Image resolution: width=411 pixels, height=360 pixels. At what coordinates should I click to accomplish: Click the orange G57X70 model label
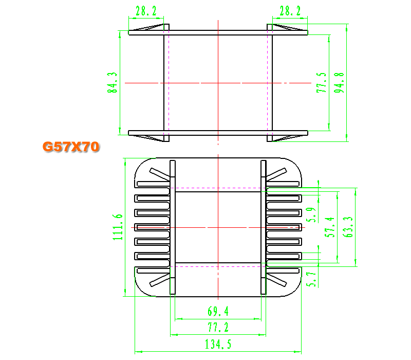(x=71, y=147)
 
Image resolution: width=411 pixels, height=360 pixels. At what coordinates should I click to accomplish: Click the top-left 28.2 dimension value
(x=146, y=11)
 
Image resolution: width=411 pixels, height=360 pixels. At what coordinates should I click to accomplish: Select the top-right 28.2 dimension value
(x=290, y=11)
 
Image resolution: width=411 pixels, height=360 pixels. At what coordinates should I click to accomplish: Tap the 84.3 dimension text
(x=113, y=83)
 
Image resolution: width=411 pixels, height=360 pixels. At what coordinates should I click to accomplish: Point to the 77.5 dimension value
(x=322, y=83)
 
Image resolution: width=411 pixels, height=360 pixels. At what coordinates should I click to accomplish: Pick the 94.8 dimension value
(x=339, y=83)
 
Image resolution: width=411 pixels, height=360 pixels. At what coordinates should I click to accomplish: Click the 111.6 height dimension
(x=118, y=227)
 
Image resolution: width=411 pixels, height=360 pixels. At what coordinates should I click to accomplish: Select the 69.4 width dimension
(x=218, y=311)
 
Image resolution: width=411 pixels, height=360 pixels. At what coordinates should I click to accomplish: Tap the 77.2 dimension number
(x=218, y=327)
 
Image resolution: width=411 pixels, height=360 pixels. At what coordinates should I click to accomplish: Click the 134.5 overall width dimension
(x=218, y=344)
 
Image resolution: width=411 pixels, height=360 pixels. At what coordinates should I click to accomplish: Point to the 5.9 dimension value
(x=311, y=215)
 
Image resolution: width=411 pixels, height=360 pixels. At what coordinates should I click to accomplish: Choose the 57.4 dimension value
(x=330, y=227)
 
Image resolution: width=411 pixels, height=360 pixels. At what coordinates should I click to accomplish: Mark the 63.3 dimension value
(x=348, y=227)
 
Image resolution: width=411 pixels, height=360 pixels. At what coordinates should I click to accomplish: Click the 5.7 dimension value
(x=311, y=279)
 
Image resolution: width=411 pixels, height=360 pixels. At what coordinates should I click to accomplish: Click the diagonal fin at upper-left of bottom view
(x=159, y=174)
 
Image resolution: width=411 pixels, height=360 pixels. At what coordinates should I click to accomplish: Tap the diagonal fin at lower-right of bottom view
(x=276, y=280)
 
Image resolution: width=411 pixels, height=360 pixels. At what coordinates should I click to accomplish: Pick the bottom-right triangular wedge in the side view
(x=288, y=137)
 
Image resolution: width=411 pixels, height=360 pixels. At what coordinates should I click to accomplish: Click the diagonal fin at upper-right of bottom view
(x=276, y=174)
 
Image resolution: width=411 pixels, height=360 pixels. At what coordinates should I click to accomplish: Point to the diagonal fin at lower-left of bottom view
(x=159, y=280)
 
